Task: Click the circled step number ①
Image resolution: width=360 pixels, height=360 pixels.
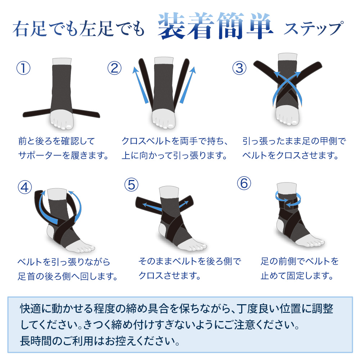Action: pos(23,68)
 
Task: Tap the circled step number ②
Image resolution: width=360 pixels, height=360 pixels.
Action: pos(114,68)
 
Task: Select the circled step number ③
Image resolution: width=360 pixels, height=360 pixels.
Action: pos(239,68)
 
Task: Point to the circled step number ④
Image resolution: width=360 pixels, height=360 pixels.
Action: pos(25,187)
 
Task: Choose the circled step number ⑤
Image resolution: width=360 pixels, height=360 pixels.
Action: pos(131,185)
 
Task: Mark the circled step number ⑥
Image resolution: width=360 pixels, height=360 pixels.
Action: pos(244,183)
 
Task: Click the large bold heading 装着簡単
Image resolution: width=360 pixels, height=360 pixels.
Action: pos(215,26)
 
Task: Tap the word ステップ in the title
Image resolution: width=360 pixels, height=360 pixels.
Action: pos(314,28)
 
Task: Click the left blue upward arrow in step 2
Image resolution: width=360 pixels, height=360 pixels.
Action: pos(140,85)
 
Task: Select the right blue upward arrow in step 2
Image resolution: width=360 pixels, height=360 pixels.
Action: pos(188,85)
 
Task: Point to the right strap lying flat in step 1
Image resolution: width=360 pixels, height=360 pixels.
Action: pos(86,113)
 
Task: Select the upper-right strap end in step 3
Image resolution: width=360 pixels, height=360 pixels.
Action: pos(316,66)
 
